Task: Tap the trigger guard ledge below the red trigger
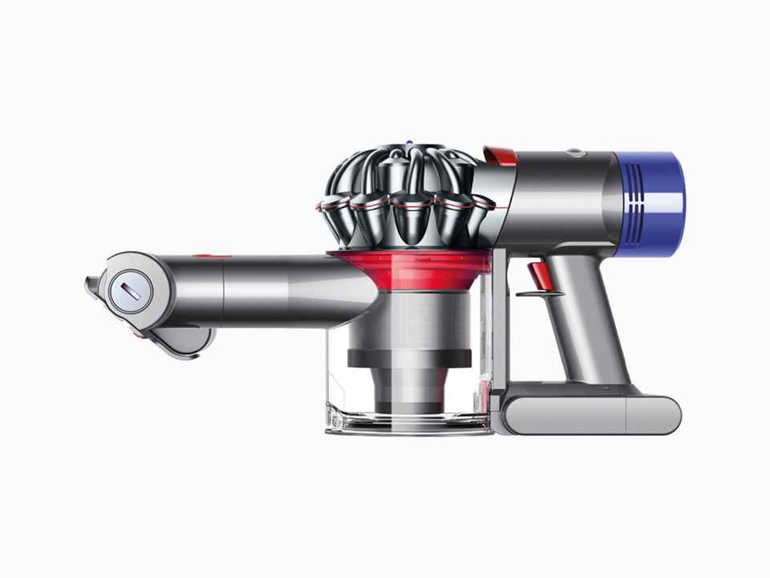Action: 536,295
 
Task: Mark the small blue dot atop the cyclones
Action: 409,145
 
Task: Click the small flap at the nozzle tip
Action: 91,285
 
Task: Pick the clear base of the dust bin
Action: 409,423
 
